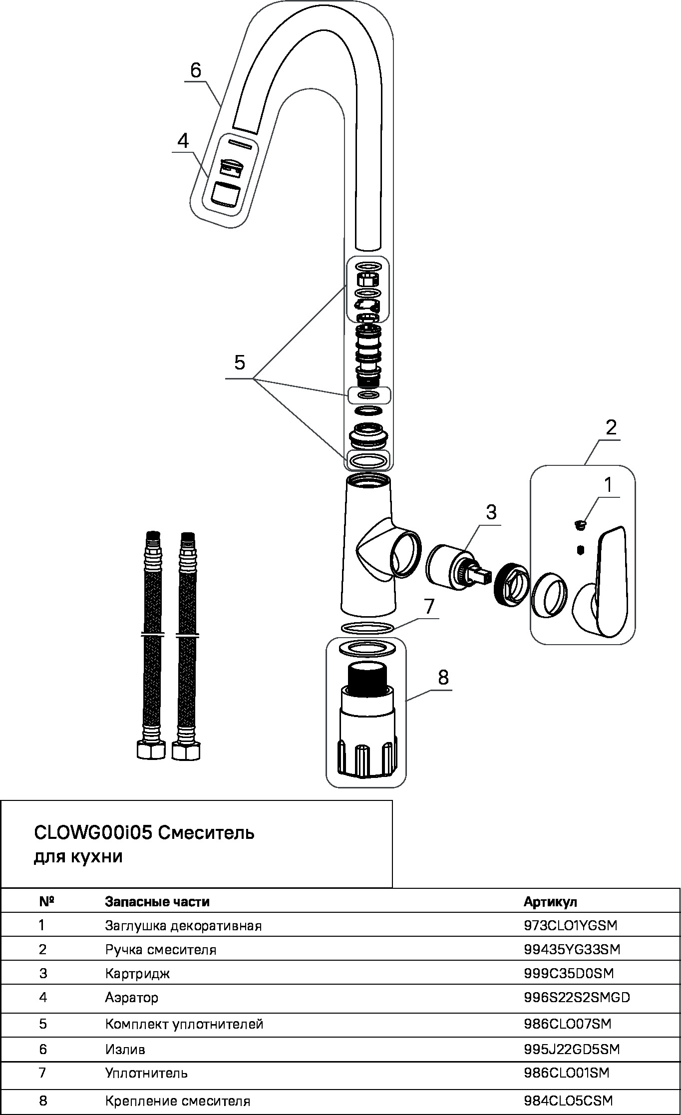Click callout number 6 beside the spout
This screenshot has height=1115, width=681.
click(196, 70)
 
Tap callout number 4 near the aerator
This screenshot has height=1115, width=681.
click(183, 141)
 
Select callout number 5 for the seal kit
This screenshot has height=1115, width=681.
click(240, 363)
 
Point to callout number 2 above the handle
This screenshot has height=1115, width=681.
click(611, 427)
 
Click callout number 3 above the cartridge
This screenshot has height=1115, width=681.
click(491, 512)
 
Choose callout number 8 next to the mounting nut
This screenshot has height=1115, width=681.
click(443, 678)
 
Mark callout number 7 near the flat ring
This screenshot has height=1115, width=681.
click(430, 606)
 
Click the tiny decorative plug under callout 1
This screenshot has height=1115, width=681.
click(580, 524)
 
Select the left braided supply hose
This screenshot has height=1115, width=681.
click(152, 644)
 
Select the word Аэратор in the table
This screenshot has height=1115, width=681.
click(131, 998)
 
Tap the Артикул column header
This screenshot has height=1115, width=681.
click(550, 902)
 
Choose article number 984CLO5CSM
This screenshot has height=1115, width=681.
click(568, 1101)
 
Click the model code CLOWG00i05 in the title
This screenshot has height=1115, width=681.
click(92, 833)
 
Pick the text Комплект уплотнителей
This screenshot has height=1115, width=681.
click(184, 1024)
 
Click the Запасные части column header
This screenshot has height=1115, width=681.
click(157, 902)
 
